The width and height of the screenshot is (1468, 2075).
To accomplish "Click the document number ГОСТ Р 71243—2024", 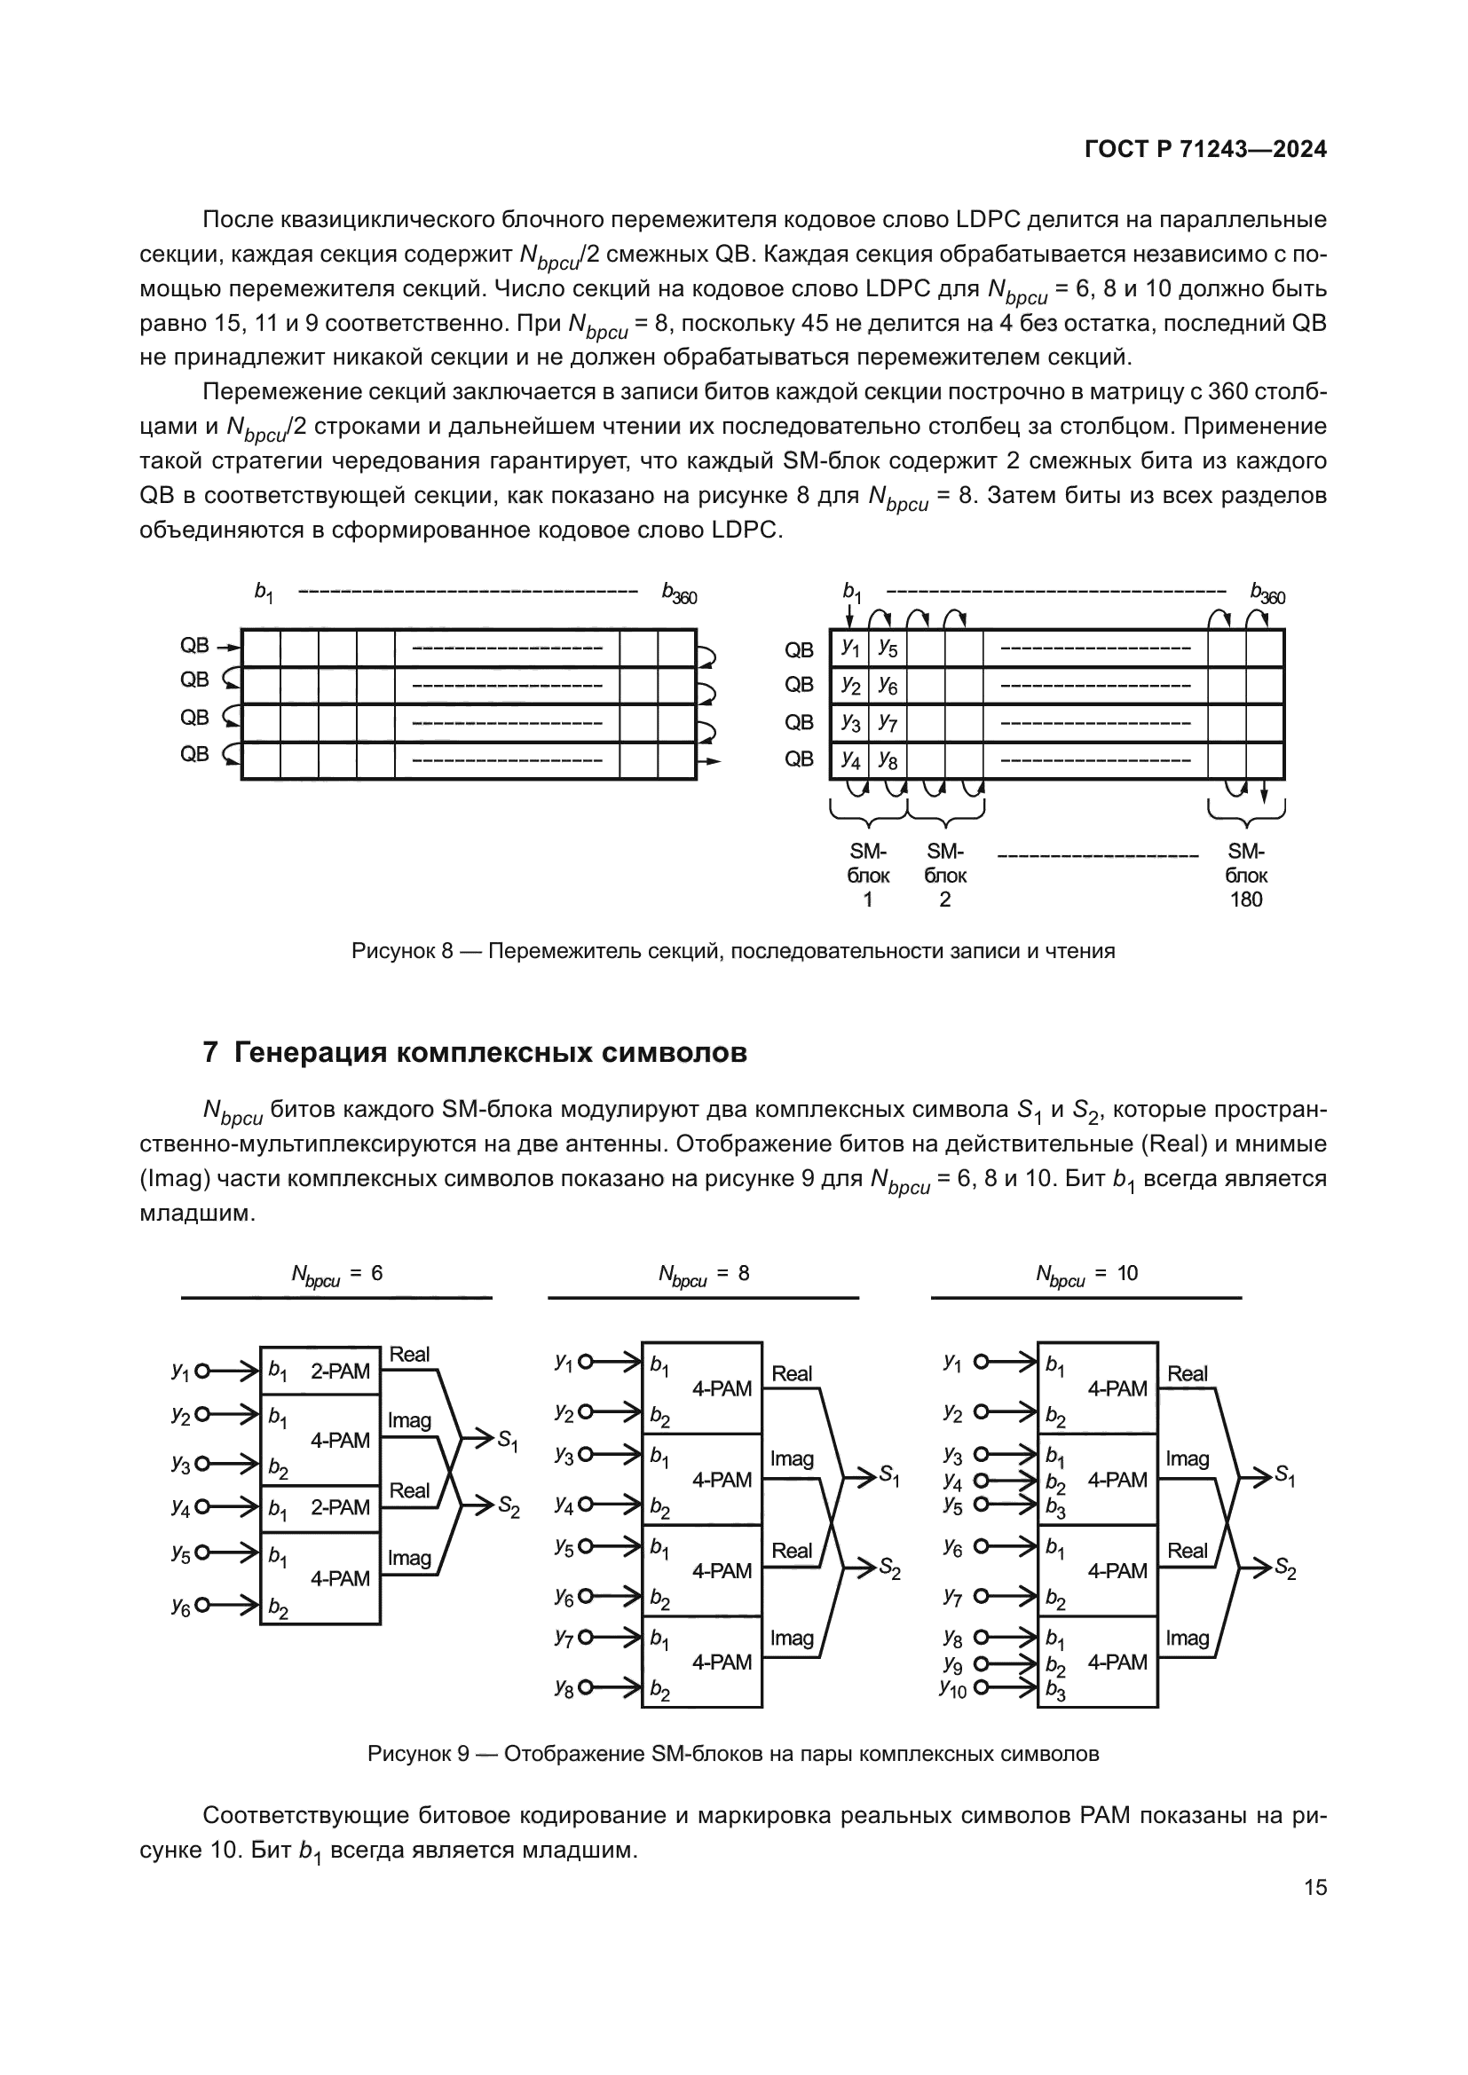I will click(x=1205, y=149).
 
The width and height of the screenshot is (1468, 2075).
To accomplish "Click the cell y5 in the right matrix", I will click(x=888, y=648).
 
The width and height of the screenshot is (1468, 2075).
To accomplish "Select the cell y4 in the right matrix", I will click(x=849, y=760).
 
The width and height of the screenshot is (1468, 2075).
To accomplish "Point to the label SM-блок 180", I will click(x=1245, y=875).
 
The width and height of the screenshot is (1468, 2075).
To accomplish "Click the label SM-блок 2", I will click(x=945, y=875).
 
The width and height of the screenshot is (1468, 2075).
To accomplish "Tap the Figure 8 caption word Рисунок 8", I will click(x=401, y=951).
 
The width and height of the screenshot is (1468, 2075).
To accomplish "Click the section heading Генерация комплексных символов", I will click(x=490, y=1053).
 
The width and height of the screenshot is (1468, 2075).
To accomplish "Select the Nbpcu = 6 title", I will click(x=336, y=1274).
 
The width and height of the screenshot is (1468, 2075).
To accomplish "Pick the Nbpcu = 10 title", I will click(x=1086, y=1274).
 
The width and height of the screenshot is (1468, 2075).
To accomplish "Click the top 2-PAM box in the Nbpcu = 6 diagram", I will click(x=321, y=1371).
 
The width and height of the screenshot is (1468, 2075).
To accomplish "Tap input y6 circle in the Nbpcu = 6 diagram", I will click(x=202, y=1605).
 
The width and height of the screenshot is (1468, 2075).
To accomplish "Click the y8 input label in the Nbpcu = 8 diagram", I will click(x=564, y=1687).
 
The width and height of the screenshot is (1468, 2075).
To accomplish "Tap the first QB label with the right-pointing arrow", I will click(x=194, y=645).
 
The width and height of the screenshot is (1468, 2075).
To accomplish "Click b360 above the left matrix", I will click(x=679, y=593).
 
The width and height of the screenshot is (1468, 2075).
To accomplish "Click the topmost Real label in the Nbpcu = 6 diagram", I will click(x=409, y=1354).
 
